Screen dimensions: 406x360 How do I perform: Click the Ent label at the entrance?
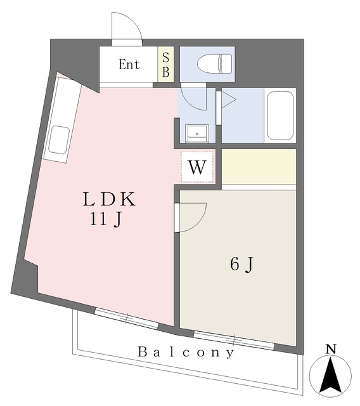click(x=129, y=64)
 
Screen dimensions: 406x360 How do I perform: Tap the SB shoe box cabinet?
click(x=165, y=64)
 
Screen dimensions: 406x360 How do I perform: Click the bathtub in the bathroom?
click(x=280, y=116)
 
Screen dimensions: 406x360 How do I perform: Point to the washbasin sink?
click(x=196, y=134)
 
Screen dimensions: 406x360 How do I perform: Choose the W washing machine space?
click(x=198, y=167)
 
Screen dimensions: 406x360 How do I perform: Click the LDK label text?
click(x=109, y=200)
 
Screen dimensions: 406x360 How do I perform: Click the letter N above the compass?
click(x=330, y=348)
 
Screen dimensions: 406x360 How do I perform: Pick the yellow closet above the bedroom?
click(x=259, y=166)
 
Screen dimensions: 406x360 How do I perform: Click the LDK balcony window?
click(x=126, y=318)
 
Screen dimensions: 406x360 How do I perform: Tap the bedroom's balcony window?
click(x=234, y=341)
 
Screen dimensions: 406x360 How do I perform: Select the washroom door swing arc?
click(x=193, y=99)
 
